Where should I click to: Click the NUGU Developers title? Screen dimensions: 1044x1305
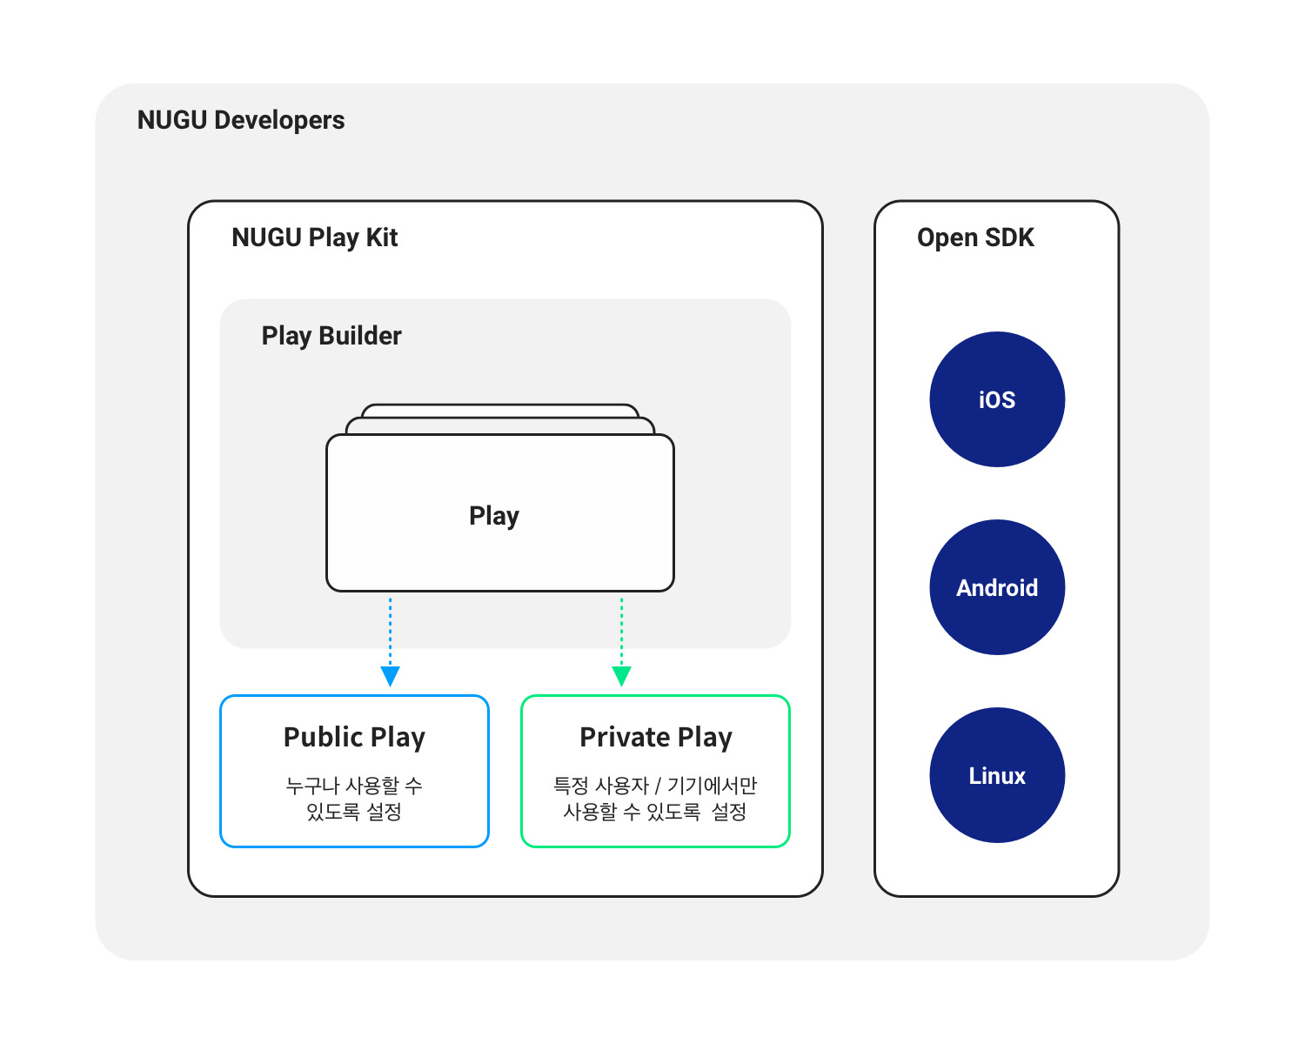pyautogui.click(x=241, y=120)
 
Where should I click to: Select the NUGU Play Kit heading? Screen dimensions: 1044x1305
pyautogui.click(x=314, y=238)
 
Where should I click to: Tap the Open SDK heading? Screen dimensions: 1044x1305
pyautogui.click(x=975, y=238)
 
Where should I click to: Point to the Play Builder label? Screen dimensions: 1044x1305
pyautogui.click(x=331, y=336)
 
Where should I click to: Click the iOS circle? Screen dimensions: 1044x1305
pyautogui.click(x=997, y=399)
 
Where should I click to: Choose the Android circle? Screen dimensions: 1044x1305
pyautogui.click(x=997, y=587)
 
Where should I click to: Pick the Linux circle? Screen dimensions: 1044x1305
pyautogui.click(x=997, y=775)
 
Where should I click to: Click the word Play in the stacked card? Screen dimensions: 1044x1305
pyautogui.click(x=494, y=516)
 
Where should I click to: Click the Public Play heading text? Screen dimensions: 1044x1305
pyautogui.click(x=354, y=738)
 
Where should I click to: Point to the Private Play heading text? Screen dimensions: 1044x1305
pyautogui.click(x=656, y=738)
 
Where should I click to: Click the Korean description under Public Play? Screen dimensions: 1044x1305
pyautogui.click(x=354, y=799)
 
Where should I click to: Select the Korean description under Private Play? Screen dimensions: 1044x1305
pyautogui.click(x=655, y=799)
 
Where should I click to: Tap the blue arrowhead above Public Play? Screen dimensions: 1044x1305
pyautogui.click(x=391, y=676)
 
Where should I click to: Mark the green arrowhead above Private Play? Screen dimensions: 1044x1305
pyautogui.click(x=621, y=676)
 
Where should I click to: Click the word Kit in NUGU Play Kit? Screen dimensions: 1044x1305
pyautogui.click(x=382, y=238)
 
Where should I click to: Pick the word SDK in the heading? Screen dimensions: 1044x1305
pyautogui.click(x=1009, y=238)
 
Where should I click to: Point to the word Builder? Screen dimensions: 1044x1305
pyautogui.click(x=360, y=336)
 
